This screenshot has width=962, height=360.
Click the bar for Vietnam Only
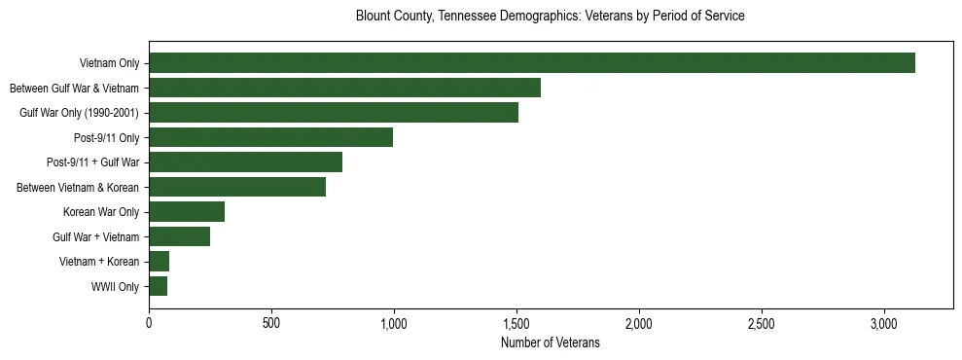point(531,63)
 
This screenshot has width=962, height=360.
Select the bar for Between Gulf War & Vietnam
point(344,88)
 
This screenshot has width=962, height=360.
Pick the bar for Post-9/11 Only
point(270,137)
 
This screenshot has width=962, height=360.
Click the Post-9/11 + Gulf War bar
point(245,162)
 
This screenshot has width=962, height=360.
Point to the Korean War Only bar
point(187,211)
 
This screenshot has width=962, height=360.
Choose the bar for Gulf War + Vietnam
point(179,236)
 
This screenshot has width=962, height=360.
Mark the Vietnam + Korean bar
point(159,261)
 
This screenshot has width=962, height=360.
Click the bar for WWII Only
point(158,286)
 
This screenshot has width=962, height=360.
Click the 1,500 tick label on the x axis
point(517,322)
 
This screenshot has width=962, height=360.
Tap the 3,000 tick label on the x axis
point(884,322)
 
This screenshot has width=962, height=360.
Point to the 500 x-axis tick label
point(271,322)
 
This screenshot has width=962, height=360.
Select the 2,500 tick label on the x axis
point(762,322)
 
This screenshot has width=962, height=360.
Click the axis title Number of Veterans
point(551,342)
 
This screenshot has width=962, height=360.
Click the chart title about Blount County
point(551,16)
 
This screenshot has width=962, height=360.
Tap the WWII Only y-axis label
point(115,287)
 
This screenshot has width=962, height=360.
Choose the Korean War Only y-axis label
point(101,212)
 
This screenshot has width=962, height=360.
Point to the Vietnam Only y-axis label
point(110,64)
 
